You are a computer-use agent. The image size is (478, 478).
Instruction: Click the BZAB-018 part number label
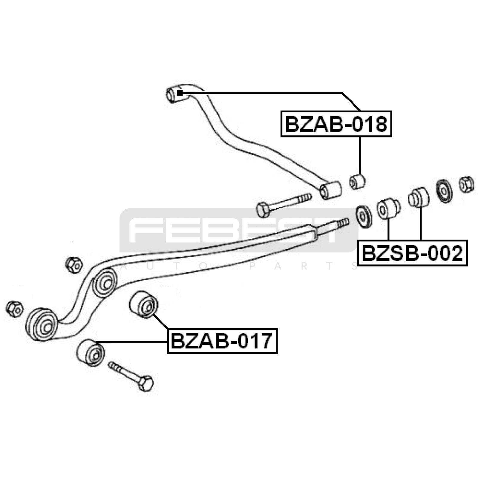point(336,124)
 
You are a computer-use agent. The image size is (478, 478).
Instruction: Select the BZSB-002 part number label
point(412,253)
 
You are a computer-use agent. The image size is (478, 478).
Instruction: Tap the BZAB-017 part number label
point(222,341)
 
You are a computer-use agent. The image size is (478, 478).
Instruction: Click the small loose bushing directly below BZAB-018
point(357,181)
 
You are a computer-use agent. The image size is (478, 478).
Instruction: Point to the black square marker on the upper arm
point(180,93)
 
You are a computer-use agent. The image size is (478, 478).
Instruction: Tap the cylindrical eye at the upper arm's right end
point(331,190)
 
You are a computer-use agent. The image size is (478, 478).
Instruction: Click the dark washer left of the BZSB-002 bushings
point(364,216)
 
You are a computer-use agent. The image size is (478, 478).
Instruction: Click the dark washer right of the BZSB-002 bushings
point(444,191)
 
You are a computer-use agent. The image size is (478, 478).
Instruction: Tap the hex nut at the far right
point(466,184)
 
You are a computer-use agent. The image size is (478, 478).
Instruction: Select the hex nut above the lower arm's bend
point(74,265)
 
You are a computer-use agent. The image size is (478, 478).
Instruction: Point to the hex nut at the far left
point(14,309)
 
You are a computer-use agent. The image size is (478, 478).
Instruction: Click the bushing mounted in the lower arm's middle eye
point(105,283)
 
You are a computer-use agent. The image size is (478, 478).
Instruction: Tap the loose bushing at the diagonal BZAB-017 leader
point(144,305)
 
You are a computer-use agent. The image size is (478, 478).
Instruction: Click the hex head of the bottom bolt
point(146,383)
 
